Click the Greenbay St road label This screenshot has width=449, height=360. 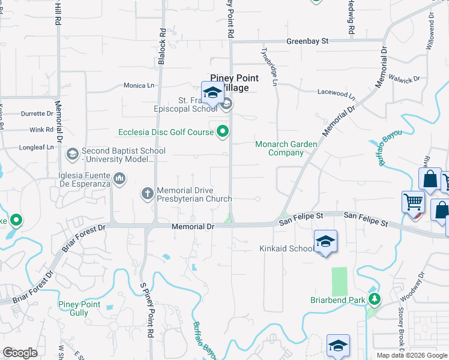point(307,41)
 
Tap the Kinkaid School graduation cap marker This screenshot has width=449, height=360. point(325,241)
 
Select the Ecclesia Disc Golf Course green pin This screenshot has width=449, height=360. point(223,131)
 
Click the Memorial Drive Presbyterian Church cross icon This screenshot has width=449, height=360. point(147,194)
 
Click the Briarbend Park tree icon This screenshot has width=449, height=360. point(375,299)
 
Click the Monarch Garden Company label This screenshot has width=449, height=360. point(279,148)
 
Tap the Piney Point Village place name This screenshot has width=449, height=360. point(234,83)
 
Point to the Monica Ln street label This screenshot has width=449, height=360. point(139,86)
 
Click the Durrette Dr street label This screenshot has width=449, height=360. point(37,113)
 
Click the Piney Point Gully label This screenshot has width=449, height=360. point(79,308)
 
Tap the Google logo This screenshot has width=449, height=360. point(20,353)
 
